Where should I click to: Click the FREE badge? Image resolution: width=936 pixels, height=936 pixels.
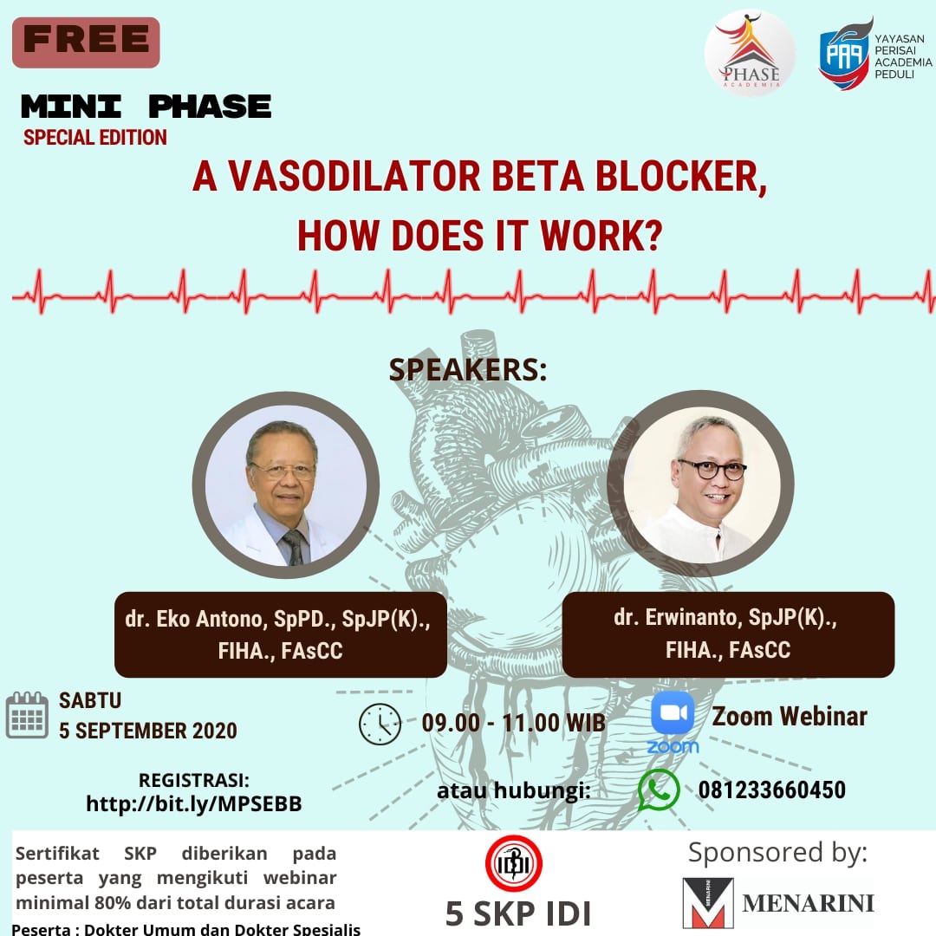[86, 42]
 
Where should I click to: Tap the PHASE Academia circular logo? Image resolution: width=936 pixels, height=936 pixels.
[750, 53]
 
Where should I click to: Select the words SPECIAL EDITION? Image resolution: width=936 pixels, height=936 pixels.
[95, 137]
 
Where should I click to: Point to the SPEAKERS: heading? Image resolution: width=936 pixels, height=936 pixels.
[468, 369]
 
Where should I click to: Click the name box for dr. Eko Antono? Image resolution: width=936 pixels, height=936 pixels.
[281, 634]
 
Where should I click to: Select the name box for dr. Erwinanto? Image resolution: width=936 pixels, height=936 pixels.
[728, 634]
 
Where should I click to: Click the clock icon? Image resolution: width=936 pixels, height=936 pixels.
[380, 724]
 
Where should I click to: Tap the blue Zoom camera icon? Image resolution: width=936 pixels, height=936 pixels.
[673, 712]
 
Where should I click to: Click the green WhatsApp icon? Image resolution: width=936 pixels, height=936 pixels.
[659, 790]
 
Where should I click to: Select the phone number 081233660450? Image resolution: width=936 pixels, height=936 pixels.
[772, 790]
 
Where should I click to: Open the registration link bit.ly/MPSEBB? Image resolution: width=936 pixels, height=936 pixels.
[194, 803]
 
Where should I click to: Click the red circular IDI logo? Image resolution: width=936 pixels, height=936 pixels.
[513, 864]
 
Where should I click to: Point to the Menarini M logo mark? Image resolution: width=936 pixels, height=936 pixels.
[708, 902]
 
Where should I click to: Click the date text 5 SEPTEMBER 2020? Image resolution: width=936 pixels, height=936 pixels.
[148, 731]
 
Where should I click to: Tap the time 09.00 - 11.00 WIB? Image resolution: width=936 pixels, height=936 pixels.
[513, 723]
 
